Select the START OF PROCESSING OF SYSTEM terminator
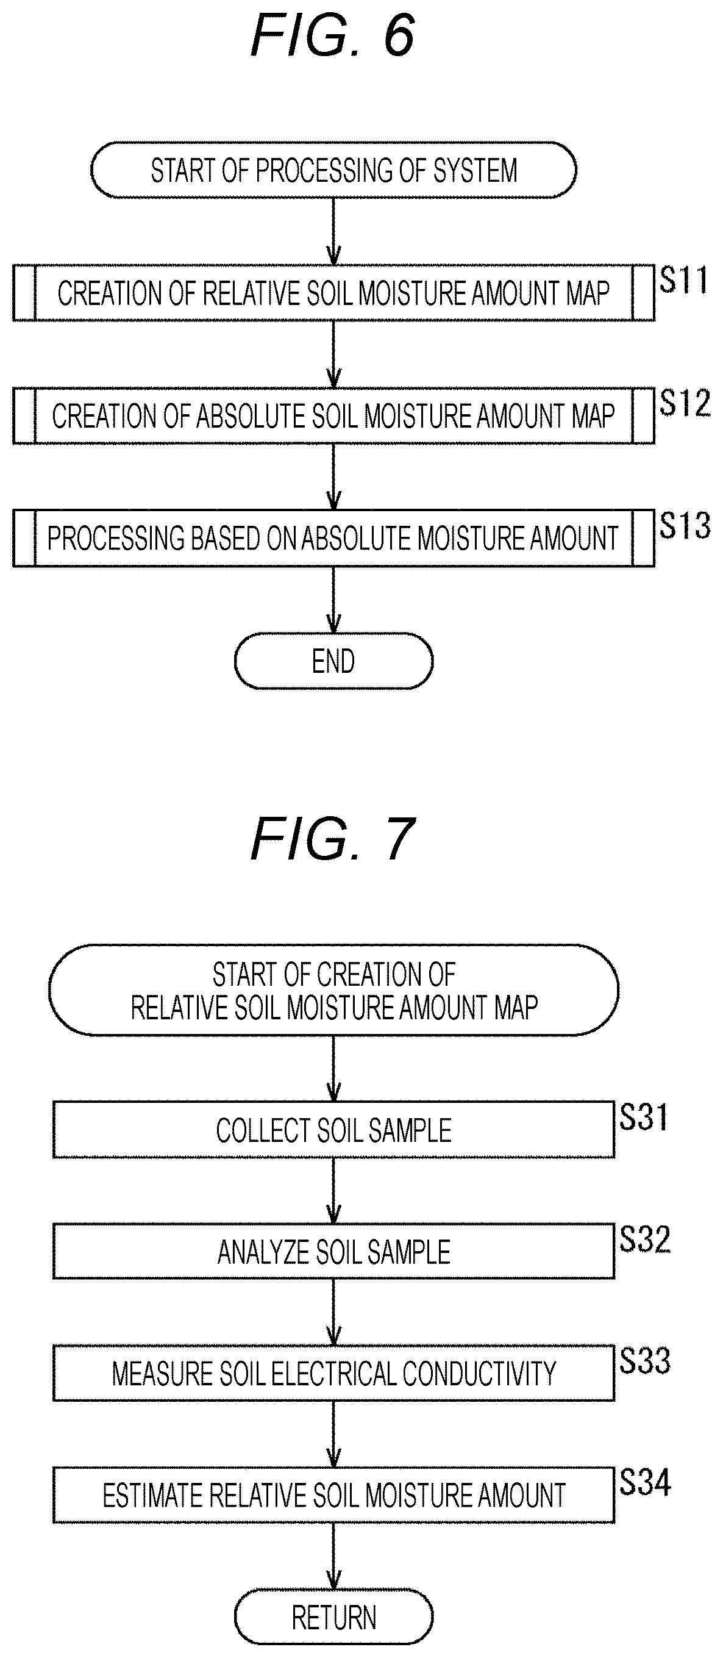[x=333, y=170]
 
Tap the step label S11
[x=683, y=280]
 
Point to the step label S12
[x=685, y=403]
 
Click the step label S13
[x=685, y=525]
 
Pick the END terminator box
[x=333, y=661]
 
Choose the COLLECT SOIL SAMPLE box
[x=333, y=1130]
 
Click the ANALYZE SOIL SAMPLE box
[x=333, y=1251]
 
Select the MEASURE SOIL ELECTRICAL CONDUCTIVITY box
[x=333, y=1373]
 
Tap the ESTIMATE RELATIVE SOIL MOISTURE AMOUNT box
[x=333, y=1495]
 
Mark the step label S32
[x=644, y=1239]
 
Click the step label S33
[x=644, y=1361]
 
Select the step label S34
[x=644, y=1482]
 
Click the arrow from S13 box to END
[x=333, y=600]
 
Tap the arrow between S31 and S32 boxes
[x=333, y=1191]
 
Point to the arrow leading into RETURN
[x=333, y=1556]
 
